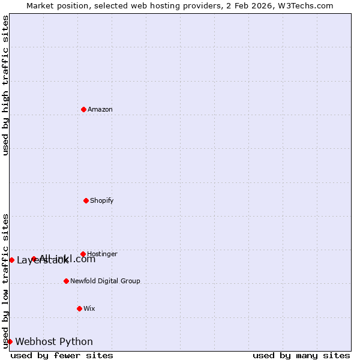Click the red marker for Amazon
(x=84, y=109)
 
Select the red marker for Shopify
(x=86, y=200)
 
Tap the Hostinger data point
(x=83, y=254)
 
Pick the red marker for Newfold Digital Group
(x=67, y=281)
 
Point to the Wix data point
(x=80, y=308)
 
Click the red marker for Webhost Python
(x=10, y=341)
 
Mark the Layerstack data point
(x=11, y=260)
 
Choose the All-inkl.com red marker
(x=34, y=259)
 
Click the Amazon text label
(x=100, y=109)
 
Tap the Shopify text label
(x=102, y=200)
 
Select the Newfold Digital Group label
(x=105, y=281)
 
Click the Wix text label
(x=89, y=308)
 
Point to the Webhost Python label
(x=54, y=341)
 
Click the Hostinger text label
(x=103, y=254)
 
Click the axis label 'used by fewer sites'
(x=62, y=355)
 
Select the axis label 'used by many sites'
(x=301, y=355)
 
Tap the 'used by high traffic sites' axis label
(x=5, y=85)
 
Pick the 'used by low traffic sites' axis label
(x=5, y=280)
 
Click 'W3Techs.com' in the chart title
(x=310, y=5)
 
